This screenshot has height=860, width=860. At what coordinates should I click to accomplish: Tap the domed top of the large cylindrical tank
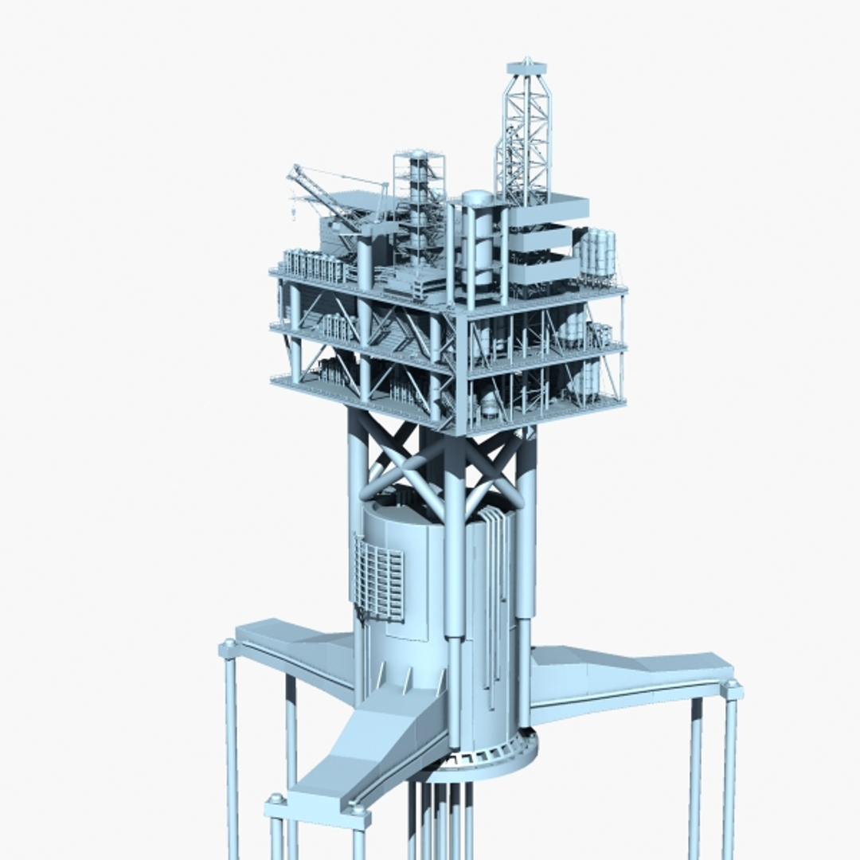tap(478, 197)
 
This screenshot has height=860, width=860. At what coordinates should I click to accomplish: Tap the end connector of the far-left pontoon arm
tap(229, 647)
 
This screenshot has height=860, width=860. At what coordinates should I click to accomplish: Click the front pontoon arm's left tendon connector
tap(276, 801)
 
